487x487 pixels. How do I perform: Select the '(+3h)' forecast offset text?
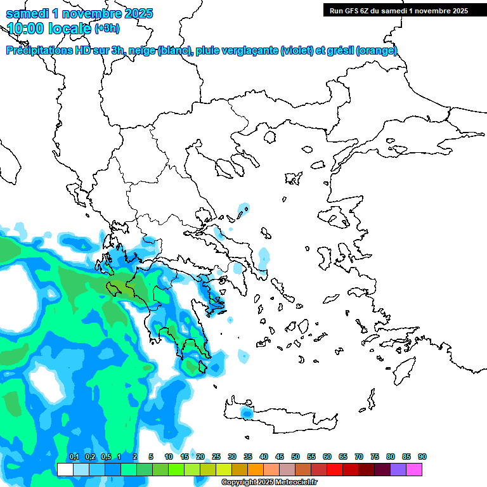point(106,29)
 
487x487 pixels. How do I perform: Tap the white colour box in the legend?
point(65,469)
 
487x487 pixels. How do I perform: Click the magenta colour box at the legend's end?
point(414,469)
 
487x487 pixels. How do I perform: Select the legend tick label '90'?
point(422,457)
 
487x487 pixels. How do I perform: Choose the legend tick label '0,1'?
point(74,457)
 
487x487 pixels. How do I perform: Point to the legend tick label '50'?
point(295,457)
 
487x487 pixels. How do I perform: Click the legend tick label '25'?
point(216,457)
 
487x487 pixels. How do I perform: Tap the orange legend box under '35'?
point(256,469)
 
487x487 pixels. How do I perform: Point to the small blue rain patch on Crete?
point(246,413)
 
